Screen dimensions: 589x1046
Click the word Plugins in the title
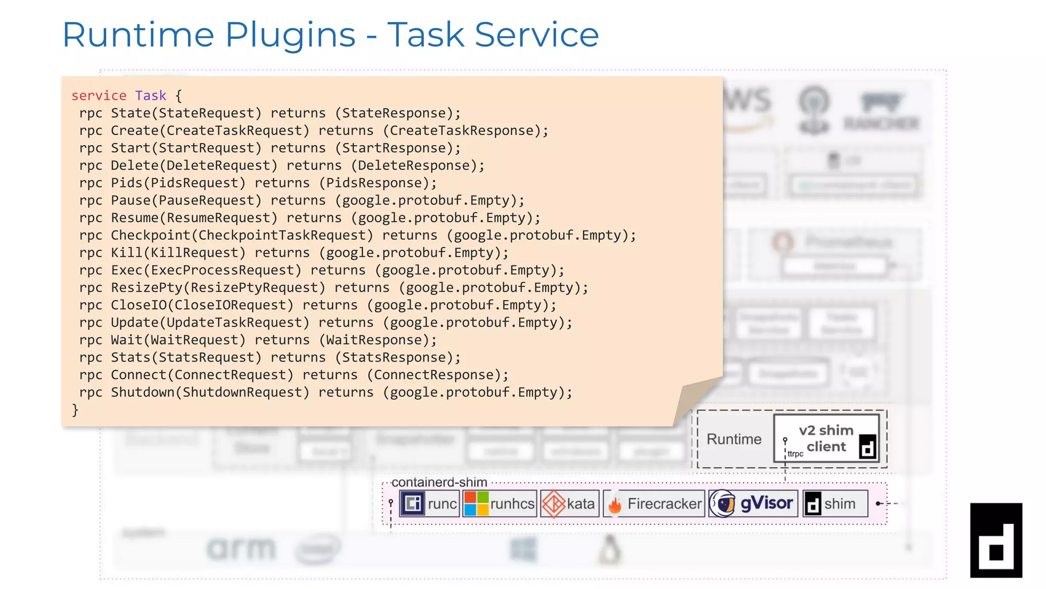tap(290, 35)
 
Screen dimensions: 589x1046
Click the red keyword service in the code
tap(99, 96)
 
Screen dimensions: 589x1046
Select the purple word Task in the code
tap(151, 96)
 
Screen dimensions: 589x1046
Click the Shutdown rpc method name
tap(142, 392)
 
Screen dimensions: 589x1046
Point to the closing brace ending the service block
tap(75, 410)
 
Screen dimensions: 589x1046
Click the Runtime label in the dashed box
tap(733, 439)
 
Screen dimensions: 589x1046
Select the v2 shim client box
tap(826, 438)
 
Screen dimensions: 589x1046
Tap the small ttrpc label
tap(795, 454)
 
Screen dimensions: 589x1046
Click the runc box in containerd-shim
tap(430, 504)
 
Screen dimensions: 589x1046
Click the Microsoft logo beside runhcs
tap(476, 504)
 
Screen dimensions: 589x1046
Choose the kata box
tap(569, 504)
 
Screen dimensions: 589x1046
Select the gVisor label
tap(766, 503)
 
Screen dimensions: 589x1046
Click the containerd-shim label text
tap(439, 482)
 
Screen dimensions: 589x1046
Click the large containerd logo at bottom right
tap(995, 540)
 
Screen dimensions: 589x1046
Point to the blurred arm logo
tap(241, 550)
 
